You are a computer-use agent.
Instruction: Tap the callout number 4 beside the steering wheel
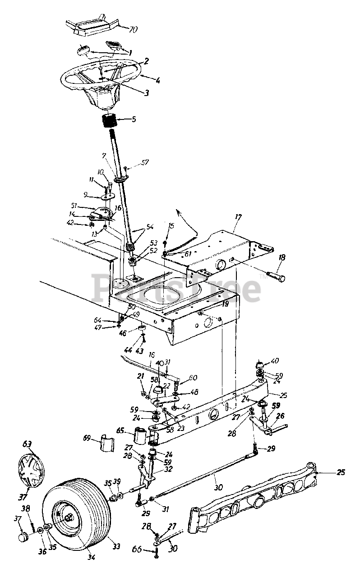145,81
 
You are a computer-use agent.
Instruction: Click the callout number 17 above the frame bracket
238,217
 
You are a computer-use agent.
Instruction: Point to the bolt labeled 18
275,278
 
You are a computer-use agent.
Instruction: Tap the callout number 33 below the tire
116,547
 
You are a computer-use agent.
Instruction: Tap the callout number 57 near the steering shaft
144,162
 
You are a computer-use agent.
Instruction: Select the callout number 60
193,377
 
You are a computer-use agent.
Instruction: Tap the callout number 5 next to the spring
134,120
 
